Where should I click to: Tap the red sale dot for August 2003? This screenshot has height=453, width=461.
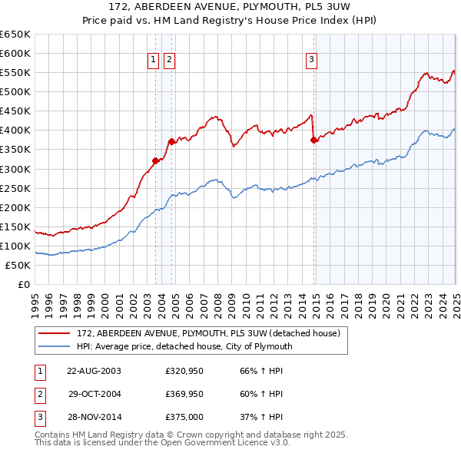click(x=155, y=160)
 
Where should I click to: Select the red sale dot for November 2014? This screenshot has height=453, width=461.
click(x=314, y=140)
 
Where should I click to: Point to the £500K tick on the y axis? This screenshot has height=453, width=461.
click(x=16, y=91)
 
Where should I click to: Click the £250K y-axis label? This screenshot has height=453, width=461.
click(x=16, y=188)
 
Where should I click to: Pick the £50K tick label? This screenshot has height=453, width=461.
click(x=19, y=265)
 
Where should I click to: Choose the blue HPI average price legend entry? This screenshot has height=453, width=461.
click(x=184, y=346)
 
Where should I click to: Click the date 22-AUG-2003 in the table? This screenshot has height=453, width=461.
click(x=94, y=370)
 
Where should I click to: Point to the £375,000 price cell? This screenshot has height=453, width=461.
click(x=184, y=418)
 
